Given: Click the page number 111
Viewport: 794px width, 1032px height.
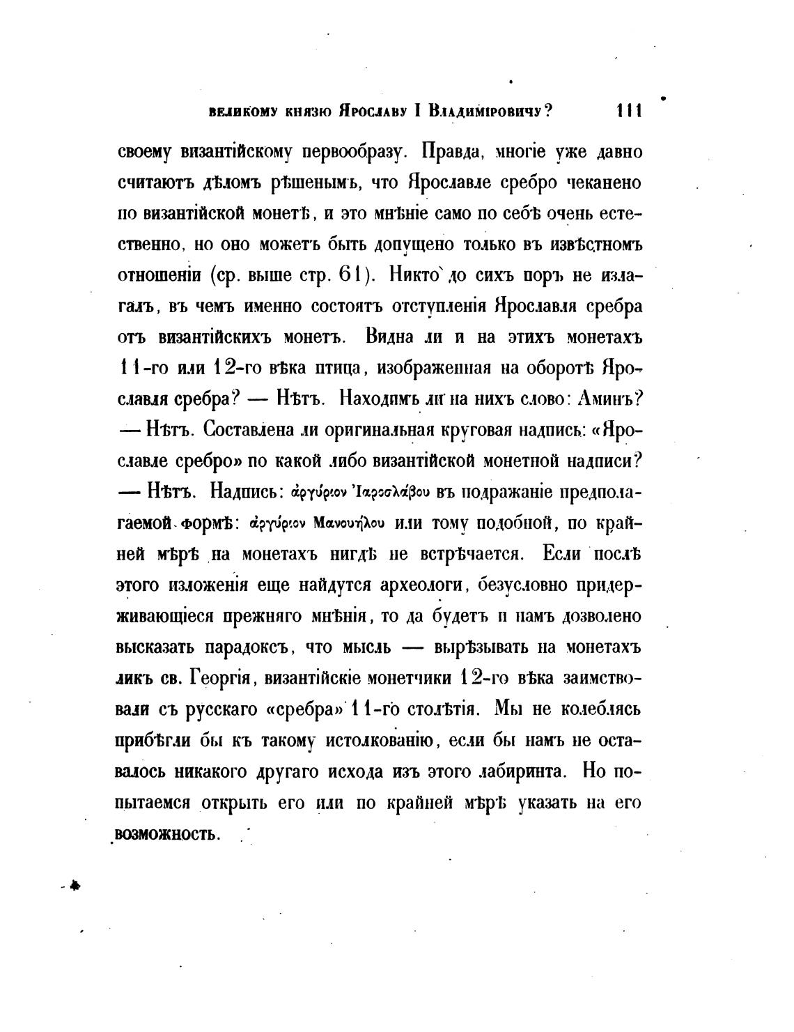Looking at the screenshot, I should pyautogui.click(x=628, y=111).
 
